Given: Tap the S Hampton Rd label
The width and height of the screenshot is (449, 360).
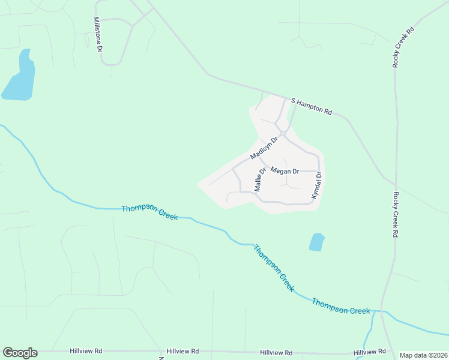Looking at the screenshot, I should (x=312, y=107).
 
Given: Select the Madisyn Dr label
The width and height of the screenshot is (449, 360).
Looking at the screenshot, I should (x=265, y=149).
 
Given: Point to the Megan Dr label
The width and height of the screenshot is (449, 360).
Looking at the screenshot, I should (x=285, y=171).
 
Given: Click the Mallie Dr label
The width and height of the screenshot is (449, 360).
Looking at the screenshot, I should (x=259, y=179).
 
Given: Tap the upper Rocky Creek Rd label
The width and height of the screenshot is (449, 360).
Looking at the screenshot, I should (x=403, y=46).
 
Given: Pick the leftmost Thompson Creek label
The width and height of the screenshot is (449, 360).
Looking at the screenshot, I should (x=149, y=212).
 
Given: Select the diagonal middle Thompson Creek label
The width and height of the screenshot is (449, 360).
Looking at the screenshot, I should (x=274, y=268).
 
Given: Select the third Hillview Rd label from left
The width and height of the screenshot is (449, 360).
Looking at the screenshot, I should (x=276, y=353).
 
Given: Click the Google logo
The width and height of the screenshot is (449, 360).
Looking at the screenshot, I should (x=20, y=353).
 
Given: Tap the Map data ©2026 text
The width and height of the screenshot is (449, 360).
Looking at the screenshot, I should (x=424, y=355).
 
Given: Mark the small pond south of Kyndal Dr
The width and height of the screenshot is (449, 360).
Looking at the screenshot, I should (x=316, y=242).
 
